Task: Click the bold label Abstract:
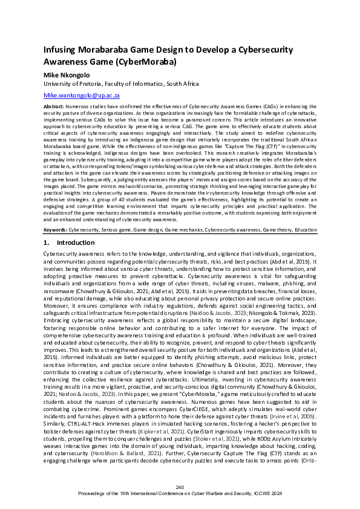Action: point(56,106)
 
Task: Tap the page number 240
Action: point(180,487)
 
